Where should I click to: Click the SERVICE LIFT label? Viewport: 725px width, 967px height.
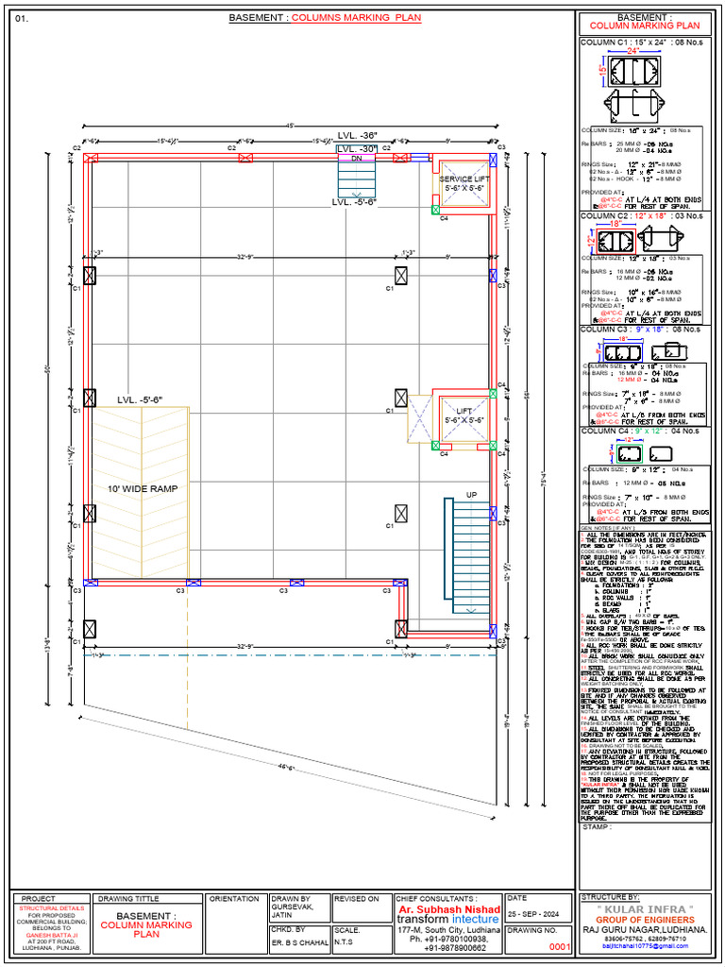[x=464, y=178]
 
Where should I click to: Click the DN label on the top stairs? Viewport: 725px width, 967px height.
[x=356, y=160]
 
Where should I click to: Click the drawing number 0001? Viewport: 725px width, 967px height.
[x=561, y=945]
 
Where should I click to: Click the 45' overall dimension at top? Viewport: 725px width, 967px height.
[x=291, y=126]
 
